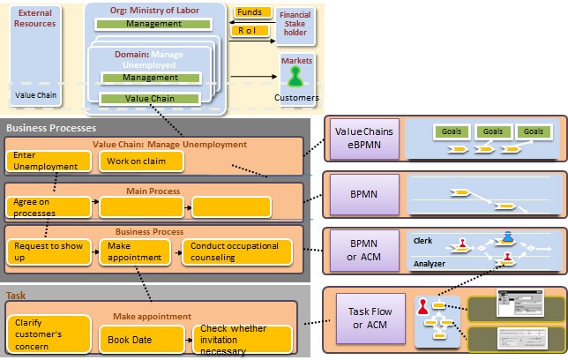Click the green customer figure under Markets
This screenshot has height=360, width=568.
click(x=295, y=78)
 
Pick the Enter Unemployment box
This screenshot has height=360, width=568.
click(x=49, y=161)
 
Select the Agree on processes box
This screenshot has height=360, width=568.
click(x=49, y=207)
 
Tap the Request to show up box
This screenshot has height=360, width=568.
click(x=49, y=251)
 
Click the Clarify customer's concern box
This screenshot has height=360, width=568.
click(x=49, y=334)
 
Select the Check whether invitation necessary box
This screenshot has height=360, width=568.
click(x=242, y=340)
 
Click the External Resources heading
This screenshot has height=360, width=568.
click(x=36, y=19)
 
